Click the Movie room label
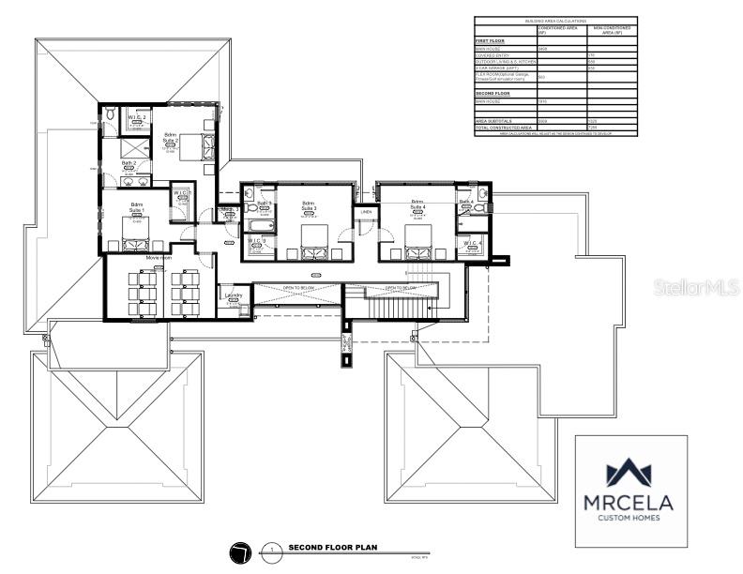(x=159, y=257)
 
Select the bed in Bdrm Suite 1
(x=137, y=228)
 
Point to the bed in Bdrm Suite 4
(x=417, y=238)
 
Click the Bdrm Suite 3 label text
(x=309, y=205)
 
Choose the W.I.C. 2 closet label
(x=137, y=117)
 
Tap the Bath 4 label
(x=466, y=202)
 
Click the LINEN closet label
(x=366, y=212)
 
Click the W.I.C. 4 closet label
(x=472, y=244)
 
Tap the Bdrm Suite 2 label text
(x=171, y=138)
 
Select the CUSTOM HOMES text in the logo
(x=631, y=517)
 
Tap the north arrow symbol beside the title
(x=241, y=551)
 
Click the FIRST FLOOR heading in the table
(x=491, y=41)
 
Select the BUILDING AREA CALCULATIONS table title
(x=555, y=20)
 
